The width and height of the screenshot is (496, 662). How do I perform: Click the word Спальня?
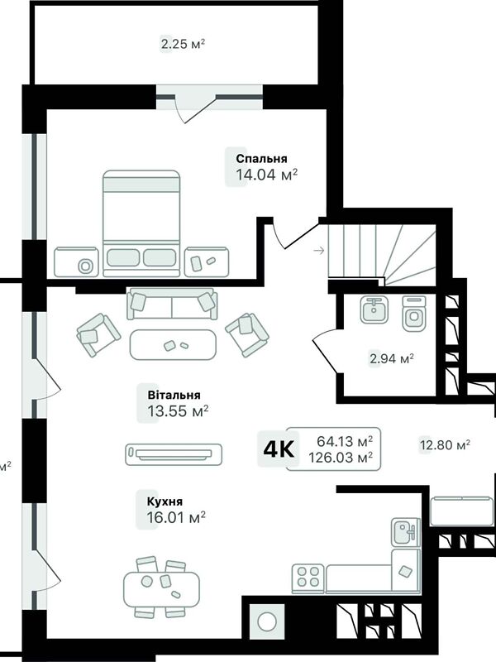pyautogui.click(x=261, y=159)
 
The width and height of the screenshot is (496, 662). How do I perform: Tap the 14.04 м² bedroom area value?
pyautogui.click(x=266, y=174)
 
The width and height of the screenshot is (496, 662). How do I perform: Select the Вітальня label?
pyautogui.click(x=174, y=396)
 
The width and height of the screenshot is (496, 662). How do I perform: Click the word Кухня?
pyautogui.click(x=165, y=501)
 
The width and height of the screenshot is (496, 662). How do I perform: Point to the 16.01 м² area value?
pyautogui.click(x=176, y=516)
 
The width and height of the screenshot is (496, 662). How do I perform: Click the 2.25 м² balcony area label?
pyautogui.click(x=183, y=44)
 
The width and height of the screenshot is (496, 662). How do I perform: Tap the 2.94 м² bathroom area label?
pyautogui.click(x=391, y=359)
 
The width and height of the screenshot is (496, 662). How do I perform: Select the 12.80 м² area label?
pyautogui.click(x=445, y=445)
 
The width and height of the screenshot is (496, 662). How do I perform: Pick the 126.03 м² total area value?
pyautogui.click(x=341, y=458)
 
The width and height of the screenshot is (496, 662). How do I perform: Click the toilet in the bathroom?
pyautogui.click(x=414, y=314)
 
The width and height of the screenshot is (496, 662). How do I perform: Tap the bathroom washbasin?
pyautogui.click(x=374, y=309)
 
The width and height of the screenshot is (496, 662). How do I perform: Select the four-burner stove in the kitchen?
pyautogui.click(x=308, y=577)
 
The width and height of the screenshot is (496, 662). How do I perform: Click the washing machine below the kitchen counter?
pyautogui.click(x=267, y=621)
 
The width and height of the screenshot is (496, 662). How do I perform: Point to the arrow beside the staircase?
pyautogui.click(x=319, y=251)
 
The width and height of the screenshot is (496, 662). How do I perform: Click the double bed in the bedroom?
pyautogui.click(x=141, y=223)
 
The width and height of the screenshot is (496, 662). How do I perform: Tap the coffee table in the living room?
pyautogui.click(x=173, y=344)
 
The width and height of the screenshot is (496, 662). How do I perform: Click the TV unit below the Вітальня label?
pyautogui.click(x=174, y=454)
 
